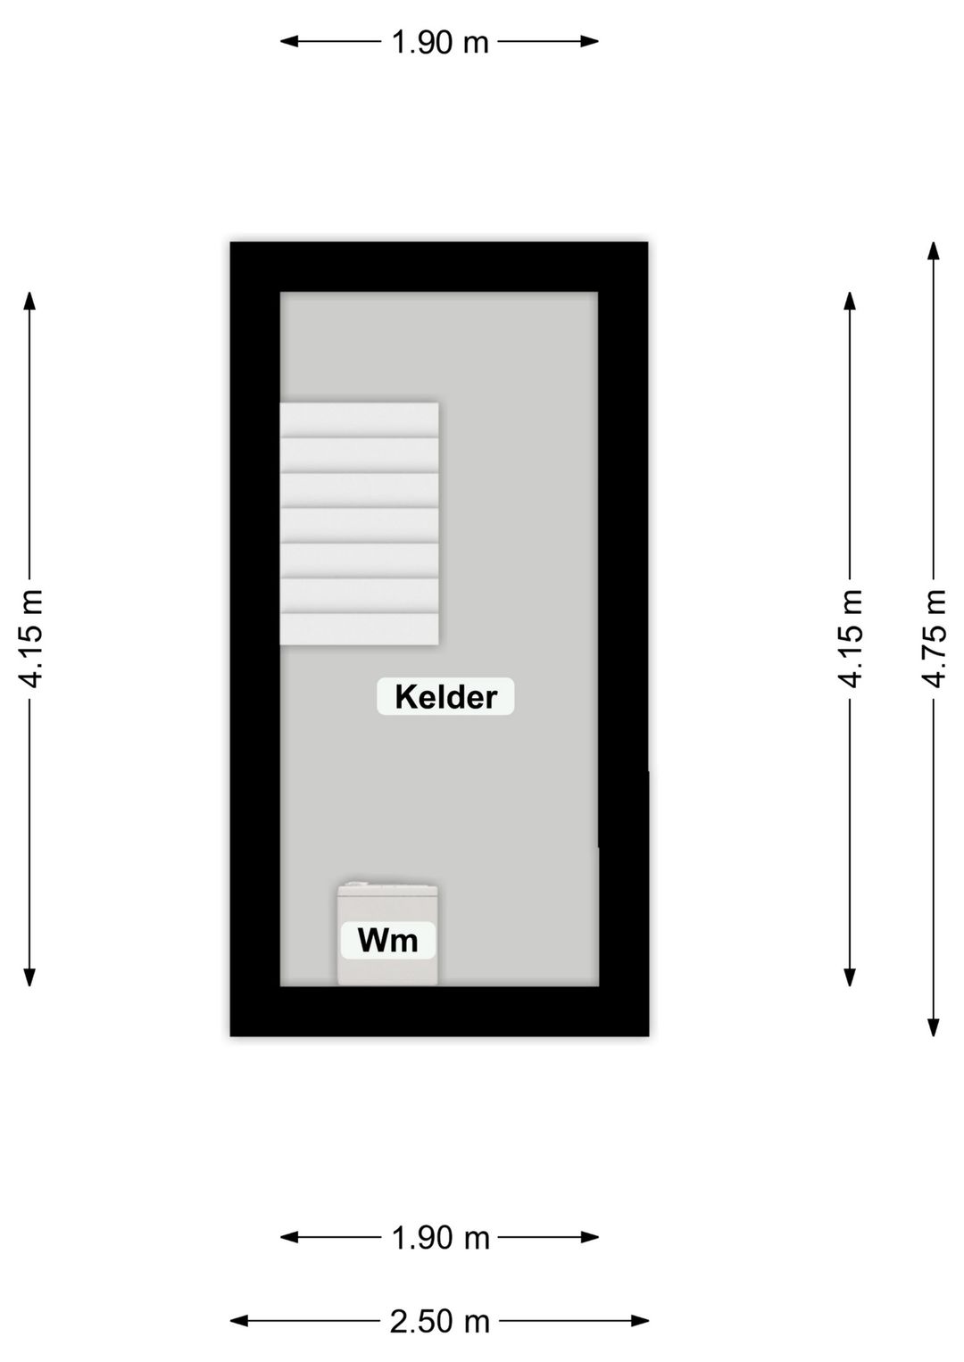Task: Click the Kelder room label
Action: point(445,697)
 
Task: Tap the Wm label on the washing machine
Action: point(387,940)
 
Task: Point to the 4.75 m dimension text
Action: point(934,638)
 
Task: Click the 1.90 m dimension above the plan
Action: point(440,42)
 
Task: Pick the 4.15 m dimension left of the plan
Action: point(29,638)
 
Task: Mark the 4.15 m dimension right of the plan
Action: point(851,638)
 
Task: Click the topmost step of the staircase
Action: point(359,420)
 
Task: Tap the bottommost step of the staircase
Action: point(359,629)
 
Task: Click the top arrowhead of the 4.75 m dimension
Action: point(934,251)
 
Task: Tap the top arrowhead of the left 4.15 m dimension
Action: point(29,302)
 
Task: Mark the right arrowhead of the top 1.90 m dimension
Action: point(589,41)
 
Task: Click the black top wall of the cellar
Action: point(439,268)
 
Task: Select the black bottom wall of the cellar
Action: point(439,1011)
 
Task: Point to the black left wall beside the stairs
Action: point(255,523)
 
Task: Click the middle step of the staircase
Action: point(359,526)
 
